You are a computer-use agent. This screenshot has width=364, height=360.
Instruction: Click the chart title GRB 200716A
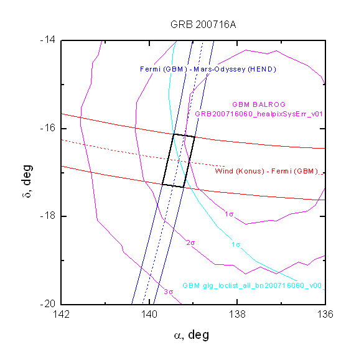point(203,25)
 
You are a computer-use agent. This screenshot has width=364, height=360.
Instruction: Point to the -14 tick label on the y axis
point(48,40)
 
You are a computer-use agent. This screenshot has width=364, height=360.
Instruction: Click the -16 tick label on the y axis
point(48,128)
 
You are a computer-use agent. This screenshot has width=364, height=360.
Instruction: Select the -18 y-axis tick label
point(48,216)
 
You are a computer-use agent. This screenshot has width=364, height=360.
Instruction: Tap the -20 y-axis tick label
point(48,303)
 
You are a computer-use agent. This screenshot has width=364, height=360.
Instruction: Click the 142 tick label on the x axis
point(61,315)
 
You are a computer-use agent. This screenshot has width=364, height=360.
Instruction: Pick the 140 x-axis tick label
point(149,315)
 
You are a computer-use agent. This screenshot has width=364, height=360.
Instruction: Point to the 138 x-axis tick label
point(237,315)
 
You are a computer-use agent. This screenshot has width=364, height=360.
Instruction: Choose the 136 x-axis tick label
point(325,315)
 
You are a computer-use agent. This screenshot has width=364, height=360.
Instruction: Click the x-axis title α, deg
point(192,335)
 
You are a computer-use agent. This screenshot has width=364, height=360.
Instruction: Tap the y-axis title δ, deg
point(27,181)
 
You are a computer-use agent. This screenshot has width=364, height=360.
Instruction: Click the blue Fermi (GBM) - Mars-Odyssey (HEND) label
point(208,69)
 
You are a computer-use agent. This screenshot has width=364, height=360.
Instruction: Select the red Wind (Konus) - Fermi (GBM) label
point(266,171)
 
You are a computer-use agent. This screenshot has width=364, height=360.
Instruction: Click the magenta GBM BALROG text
point(259,104)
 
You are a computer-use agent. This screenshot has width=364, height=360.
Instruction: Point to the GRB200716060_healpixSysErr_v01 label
point(259,114)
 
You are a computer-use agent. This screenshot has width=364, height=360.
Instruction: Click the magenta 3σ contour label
point(169,292)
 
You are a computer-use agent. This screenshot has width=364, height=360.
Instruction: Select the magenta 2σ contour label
point(190,243)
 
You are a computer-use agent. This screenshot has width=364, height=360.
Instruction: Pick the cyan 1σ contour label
point(236,244)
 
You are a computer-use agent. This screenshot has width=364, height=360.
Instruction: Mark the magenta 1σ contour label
point(229,214)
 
